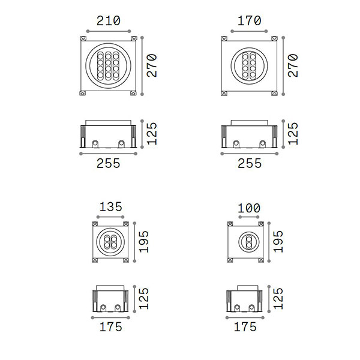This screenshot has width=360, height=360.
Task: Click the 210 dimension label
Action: click(109, 20)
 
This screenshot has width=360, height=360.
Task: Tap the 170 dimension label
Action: click(250, 20)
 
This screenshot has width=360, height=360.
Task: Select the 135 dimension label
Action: click(110, 207)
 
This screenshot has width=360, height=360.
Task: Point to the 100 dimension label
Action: click(249, 208)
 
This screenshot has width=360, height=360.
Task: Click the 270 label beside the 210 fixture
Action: click(152, 65)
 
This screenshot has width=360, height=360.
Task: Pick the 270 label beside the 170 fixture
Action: click(293, 65)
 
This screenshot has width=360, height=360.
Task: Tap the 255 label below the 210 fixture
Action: click(109, 163)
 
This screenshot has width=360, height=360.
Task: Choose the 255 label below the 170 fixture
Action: click(250, 163)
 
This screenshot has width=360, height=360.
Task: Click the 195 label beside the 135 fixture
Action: click(144, 242)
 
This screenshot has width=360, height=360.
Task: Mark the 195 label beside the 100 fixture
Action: click(278, 242)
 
